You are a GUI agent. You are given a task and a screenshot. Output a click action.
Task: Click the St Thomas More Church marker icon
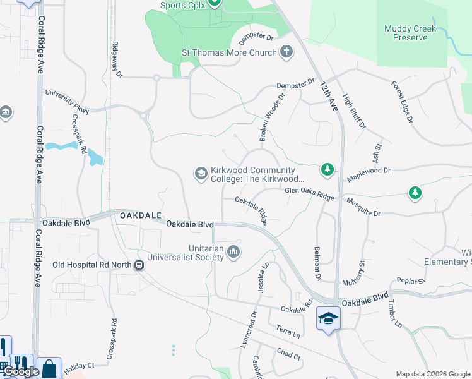coord(286,52)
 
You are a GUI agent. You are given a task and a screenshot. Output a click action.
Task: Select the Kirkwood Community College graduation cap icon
coord(201,173)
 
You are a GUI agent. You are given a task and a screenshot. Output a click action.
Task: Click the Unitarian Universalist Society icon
coord(234,253)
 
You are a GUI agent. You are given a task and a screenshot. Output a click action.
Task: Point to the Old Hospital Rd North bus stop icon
coord(138,265)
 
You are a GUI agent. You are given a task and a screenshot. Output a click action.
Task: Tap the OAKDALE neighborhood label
coord(139,215)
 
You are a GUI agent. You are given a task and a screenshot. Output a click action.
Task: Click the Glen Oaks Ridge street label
coord(309,193)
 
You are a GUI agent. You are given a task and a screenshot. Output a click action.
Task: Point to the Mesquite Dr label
coord(363,208)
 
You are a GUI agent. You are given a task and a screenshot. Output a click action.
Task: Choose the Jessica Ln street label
coord(262,276)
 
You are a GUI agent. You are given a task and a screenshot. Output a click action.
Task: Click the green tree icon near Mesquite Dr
coord(415,193)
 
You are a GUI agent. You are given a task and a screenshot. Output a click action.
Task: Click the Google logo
coord(21,372)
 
